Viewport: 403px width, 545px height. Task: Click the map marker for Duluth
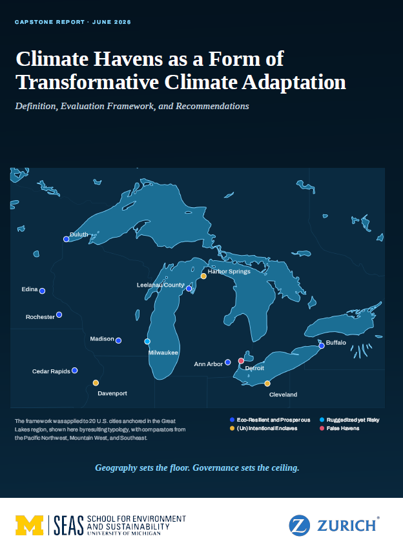(x=66, y=239)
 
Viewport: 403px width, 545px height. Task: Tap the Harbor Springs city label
(x=229, y=271)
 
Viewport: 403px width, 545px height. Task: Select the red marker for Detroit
(x=241, y=361)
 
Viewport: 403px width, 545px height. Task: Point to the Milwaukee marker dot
(x=147, y=342)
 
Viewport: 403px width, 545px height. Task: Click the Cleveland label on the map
(x=283, y=395)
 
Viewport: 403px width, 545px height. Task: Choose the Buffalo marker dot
(x=322, y=345)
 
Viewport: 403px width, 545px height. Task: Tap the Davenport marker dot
(x=96, y=383)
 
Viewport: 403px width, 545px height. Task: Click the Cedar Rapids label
(x=51, y=371)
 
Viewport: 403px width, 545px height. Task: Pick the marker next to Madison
(x=119, y=340)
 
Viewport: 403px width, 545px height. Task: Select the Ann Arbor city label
(x=208, y=364)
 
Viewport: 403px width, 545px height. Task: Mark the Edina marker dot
(x=42, y=291)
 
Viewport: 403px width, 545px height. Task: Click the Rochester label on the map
(x=40, y=317)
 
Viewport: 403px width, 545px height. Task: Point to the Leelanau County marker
(x=189, y=289)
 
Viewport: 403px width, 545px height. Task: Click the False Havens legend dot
(x=322, y=428)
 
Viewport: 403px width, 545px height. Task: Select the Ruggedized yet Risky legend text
(x=353, y=420)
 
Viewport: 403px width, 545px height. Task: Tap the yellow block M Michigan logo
(x=29, y=525)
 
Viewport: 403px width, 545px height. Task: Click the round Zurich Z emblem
(x=300, y=525)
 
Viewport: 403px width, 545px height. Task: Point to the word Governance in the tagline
(x=216, y=468)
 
